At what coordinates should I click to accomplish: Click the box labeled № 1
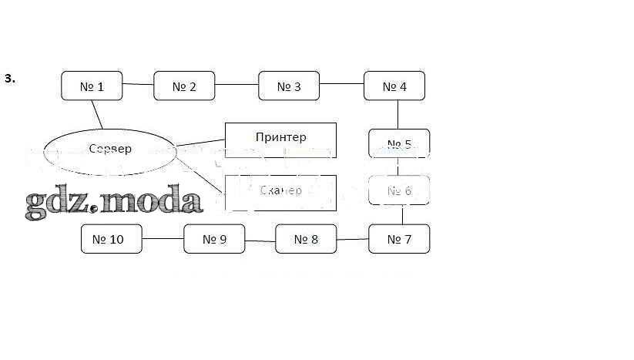tap(92, 86)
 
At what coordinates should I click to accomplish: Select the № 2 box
tap(184, 86)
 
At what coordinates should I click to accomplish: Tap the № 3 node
tap(289, 86)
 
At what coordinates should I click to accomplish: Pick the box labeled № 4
tap(394, 86)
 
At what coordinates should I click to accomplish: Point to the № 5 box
tap(399, 144)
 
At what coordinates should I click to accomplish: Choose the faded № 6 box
tap(399, 190)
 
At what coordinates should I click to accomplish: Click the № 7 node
tap(399, 239)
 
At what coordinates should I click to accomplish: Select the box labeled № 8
tap(306, 239)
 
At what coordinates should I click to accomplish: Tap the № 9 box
tap(214, 239)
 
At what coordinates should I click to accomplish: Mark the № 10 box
tap(112, 239)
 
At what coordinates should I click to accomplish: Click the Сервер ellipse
tap(110, 149)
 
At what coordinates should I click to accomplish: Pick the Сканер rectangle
tap(280, 192)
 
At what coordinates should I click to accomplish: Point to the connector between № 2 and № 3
tap(236, 86)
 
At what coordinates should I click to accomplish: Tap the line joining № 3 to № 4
tap(342, 84)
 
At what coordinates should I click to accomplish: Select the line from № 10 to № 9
tap(163, 239)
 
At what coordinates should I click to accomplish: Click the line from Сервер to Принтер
tap(200, 142)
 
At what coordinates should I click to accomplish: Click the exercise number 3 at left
tap(9, 78)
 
